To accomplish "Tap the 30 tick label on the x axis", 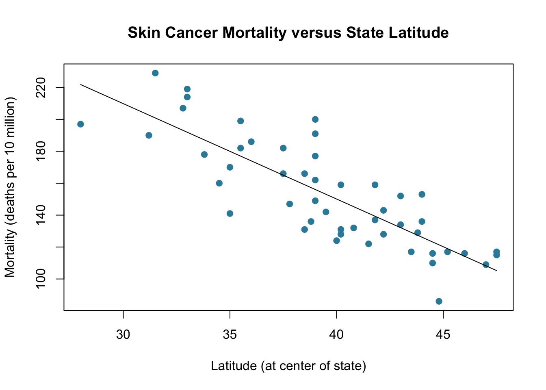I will pos(123,334).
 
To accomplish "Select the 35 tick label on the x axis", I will pos(230,334).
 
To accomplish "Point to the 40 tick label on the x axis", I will pos(336,334).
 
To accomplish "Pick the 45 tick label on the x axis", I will pos(443,334).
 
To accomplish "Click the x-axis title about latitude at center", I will pos(288,366).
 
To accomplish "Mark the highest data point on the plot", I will pos(155,73).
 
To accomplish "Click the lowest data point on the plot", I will pos(439,301).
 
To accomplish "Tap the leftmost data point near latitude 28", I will pos(80,124).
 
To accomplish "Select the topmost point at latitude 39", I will pos(315,119).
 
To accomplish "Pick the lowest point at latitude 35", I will pos(230,213).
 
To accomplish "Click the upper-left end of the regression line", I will pos(80,84).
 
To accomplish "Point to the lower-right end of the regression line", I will pos(496,271).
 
